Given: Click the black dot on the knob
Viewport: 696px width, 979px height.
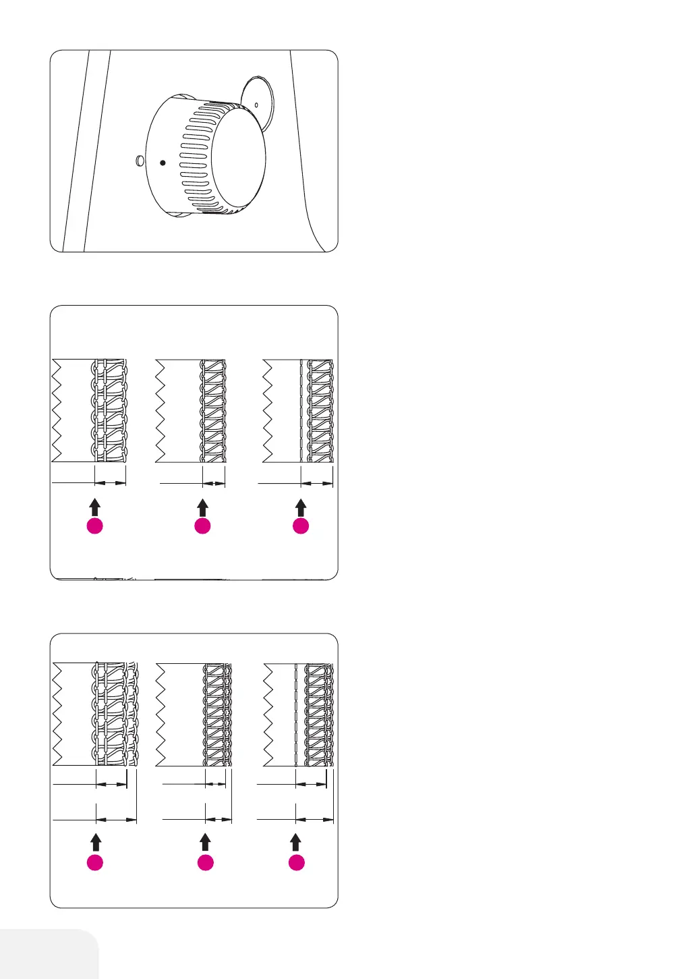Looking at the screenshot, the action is click(163, 163).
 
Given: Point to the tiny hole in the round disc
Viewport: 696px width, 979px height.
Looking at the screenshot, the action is click(257, 104).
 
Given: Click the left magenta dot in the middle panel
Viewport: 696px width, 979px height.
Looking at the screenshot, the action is click(95, 526).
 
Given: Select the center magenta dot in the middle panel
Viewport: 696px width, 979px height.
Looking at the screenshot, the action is click(202, 526).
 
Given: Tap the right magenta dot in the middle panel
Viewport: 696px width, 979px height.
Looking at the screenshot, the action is click(301, 526).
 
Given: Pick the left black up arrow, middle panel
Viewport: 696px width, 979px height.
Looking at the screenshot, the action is click(95, 507).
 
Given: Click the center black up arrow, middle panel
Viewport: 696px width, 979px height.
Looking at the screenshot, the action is click(202, 507).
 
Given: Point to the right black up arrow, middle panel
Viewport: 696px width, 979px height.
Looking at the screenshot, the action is click(301, 507).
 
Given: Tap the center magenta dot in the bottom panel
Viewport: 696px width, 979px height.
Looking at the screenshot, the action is click(205, 862).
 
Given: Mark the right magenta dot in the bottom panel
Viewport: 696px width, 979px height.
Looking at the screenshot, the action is click(296, 862).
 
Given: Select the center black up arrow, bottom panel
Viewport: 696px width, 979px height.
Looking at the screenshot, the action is click(205, 841).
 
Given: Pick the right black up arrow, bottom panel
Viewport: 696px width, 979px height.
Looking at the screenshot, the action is click(296, 841).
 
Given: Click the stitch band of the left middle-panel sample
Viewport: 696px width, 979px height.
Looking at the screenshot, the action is click(109, 410).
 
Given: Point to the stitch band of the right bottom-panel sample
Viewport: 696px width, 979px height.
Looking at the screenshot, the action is click(318, 714).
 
